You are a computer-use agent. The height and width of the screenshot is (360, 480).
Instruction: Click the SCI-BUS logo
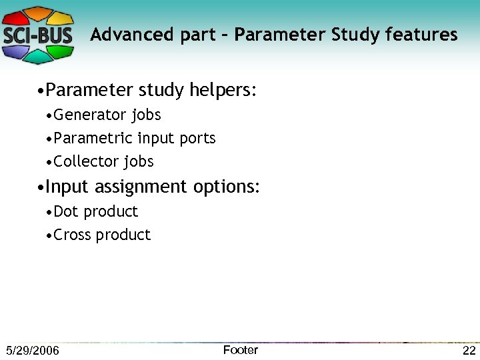coord(38,35)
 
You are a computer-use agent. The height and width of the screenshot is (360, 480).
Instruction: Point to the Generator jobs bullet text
coord(107,115)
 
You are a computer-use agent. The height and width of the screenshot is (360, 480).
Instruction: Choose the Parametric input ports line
coord(135,138)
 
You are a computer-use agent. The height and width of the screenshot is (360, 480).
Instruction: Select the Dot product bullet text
coord(95,211)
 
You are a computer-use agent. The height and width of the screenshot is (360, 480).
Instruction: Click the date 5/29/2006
coord(32,351)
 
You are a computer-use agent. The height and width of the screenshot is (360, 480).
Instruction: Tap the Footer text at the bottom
coord(240,350)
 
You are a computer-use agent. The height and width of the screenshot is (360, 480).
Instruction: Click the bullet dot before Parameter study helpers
coord(41,91)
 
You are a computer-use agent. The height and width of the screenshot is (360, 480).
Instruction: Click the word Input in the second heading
coord(68,187)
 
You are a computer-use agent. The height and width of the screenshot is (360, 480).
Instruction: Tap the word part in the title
coord(193,35)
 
